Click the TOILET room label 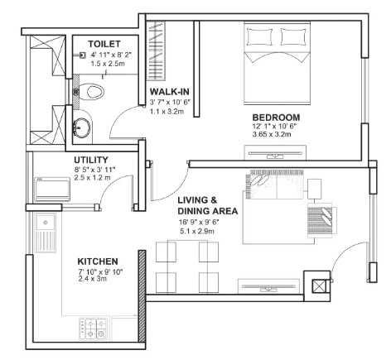point(104,44)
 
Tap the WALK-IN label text point(170,91)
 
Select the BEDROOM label point(276,118)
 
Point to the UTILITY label point(91,160)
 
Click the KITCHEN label point(98,262)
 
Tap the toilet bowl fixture point(90,92)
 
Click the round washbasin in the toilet point(81,127)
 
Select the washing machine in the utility point(52,190)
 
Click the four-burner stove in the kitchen point(93,329)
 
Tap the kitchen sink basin point(46,222)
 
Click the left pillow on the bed point(259,36)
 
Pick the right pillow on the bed point(293,36)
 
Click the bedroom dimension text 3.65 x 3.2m point(272,135)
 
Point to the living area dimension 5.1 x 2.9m point(197,231)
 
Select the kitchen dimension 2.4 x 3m point(93,279)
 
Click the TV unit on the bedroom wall point(275,152)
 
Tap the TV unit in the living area point(268,286)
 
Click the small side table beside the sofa point(315,189)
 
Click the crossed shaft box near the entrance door point(319,286)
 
